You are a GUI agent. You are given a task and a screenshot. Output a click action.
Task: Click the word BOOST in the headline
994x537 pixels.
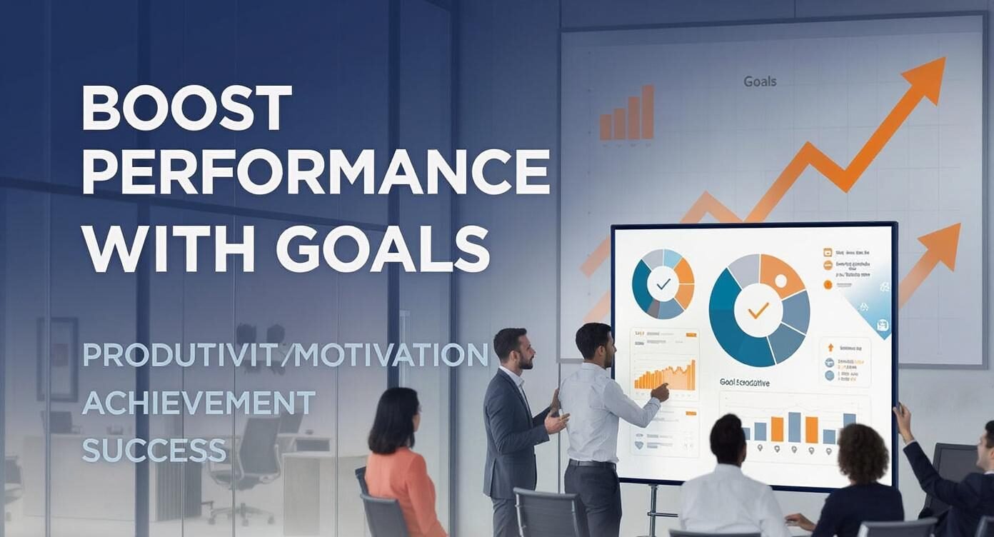point(187,108)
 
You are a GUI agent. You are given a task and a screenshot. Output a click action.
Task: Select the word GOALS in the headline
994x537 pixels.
point(382,249)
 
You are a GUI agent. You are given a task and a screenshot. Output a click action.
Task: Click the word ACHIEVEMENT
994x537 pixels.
point(199,403)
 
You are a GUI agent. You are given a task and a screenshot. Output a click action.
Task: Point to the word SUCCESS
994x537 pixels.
point(154,450)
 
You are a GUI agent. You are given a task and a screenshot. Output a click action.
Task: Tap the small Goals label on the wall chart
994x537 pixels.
point(760,81)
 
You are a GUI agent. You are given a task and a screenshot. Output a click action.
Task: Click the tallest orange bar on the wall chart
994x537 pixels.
point(648,112)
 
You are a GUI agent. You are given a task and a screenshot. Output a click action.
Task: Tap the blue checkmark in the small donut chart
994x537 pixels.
point(663,283)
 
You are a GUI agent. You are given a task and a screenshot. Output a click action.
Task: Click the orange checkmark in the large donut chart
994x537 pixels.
point(758,310)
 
